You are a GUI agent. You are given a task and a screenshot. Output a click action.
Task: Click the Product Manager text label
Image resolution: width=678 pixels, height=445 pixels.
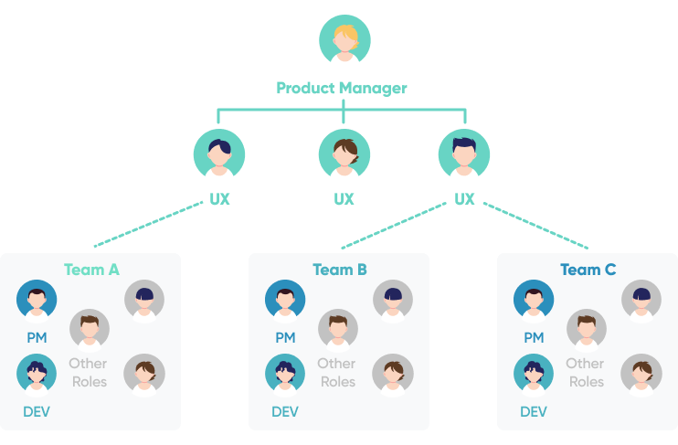342,89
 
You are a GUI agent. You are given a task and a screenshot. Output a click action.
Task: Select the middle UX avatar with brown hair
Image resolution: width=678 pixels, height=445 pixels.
344,153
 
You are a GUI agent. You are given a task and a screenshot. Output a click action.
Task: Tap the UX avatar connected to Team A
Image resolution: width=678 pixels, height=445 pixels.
219,153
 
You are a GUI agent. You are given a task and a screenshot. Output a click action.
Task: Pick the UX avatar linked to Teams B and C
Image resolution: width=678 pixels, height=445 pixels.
464,153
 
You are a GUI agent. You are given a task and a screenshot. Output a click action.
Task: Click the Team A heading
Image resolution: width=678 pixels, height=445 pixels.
91,270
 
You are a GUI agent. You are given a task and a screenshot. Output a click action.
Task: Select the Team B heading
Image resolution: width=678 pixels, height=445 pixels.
340,270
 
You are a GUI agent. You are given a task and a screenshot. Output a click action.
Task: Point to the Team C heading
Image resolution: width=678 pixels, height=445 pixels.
588,270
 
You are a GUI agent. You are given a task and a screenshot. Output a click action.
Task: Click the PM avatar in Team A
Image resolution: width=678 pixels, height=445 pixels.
37,300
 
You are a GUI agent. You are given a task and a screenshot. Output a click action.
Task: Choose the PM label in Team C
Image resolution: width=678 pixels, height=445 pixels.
534,338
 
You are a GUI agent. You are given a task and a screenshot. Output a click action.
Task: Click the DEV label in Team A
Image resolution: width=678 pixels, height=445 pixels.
37,412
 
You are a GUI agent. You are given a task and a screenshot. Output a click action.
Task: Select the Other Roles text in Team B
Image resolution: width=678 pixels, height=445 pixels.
336,372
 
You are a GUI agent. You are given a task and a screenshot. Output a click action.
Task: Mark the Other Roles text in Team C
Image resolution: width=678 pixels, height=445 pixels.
585,372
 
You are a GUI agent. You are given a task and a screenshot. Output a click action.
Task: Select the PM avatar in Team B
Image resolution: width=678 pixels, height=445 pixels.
285,300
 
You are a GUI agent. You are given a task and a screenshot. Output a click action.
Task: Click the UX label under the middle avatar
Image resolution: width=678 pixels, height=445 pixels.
344,199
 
